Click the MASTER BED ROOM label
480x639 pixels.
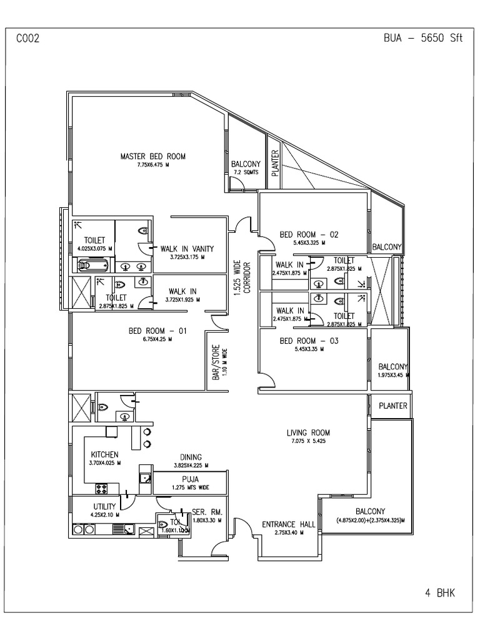(x=153, y=156)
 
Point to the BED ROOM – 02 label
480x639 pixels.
(x=309, y=235)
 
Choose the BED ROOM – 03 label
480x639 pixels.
(x=309, y=341)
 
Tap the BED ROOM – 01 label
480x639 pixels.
(x=157, y=331)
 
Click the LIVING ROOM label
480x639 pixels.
(x=308, y=432)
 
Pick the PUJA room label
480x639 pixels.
(x=191, y=479)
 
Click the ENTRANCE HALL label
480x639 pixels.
(x=288, y=524)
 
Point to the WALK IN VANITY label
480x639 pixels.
(x=187, y=248)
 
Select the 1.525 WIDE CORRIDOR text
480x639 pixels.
(x=242, y=278)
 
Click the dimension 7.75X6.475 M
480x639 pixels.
(x=153, y=165)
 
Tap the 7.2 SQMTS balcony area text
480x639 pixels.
(x=246, y=172)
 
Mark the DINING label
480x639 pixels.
(x=191, y=457)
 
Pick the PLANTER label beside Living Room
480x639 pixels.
(x=393, y=406)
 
